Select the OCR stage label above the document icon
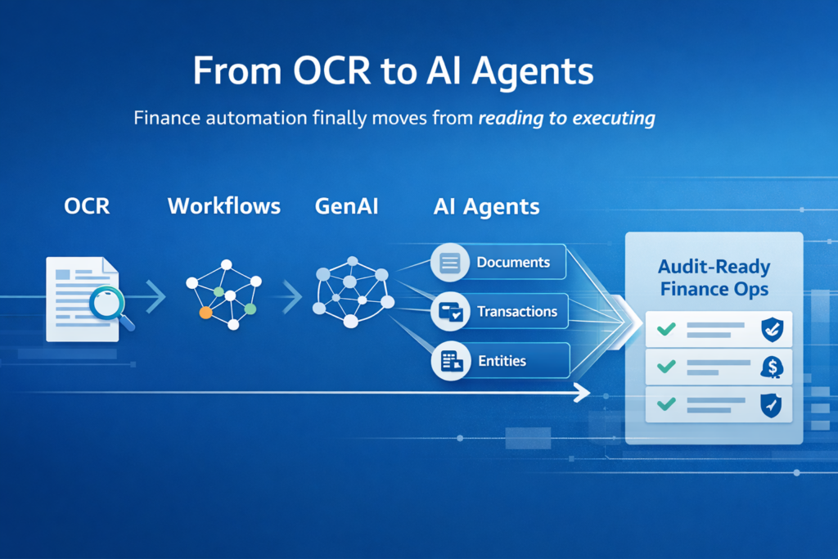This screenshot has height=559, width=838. [x=87, y=205]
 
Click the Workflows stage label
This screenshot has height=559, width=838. [x=223, y=205]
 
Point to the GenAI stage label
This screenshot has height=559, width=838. [x=346, y=205]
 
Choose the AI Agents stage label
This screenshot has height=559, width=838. [x=486, y=206]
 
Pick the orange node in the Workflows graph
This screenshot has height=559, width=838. [x=205, y=313]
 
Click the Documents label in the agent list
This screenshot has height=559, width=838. [x=513, y=263]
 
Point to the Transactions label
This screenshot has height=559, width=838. [x=516, y=312]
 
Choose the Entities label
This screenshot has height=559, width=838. [x=502, y=361]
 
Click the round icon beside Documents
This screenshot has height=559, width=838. [x=450, y=263]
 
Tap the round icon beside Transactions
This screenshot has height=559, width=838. [x=451, y=312]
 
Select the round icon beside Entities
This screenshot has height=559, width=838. [x=451, y=361]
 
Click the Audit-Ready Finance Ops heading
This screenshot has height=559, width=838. [x=714, y=277]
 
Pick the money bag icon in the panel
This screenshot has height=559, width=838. [x=771, y=367]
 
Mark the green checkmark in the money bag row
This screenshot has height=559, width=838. [x=667, y=367]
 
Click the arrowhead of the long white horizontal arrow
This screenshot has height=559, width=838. [x=582, y=394]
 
